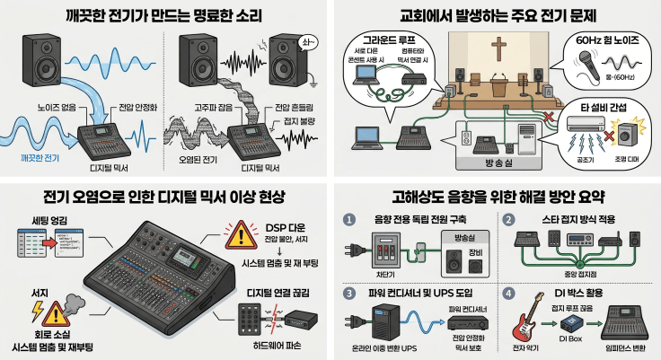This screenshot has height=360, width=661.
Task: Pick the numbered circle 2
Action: pos(507,220)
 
